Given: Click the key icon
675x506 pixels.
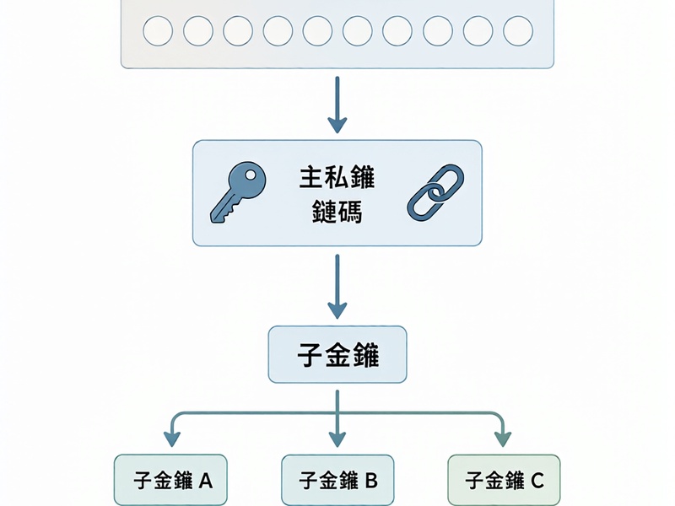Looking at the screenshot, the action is [x=238, y=192].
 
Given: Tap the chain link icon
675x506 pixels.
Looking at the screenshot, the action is [x=435, y=192].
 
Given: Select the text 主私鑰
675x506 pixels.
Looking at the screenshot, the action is [x=337, y=177].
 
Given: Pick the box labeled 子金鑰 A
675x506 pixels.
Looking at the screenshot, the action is [x=170, y=479].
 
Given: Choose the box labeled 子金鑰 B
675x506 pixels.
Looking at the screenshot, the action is [x=337, y=480].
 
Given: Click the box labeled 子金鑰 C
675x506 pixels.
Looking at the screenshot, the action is [x=504, y=480].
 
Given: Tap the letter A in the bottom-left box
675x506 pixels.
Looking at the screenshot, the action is [x=205, y=481].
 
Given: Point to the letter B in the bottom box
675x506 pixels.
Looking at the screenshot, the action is [x=371, y=481].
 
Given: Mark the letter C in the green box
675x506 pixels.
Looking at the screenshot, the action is [x=537, y=481].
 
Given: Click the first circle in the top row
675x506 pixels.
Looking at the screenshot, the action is [x=158, y=31].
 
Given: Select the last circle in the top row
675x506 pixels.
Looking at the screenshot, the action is [x=518, y=31].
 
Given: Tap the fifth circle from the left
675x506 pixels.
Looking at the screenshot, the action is [x=318, y=31].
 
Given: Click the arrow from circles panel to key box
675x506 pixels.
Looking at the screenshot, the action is [x=337, y=105].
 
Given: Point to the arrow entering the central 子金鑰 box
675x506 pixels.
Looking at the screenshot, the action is [x=337, y=287].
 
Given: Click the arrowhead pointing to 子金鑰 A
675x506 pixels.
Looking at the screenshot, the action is [x=172, y=439].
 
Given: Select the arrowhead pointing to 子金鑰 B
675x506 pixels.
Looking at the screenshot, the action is [x=337, y=439].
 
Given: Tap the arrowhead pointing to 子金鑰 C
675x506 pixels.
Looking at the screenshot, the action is [x=503, y=439].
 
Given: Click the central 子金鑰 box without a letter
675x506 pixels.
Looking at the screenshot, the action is [x=337, y=354].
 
